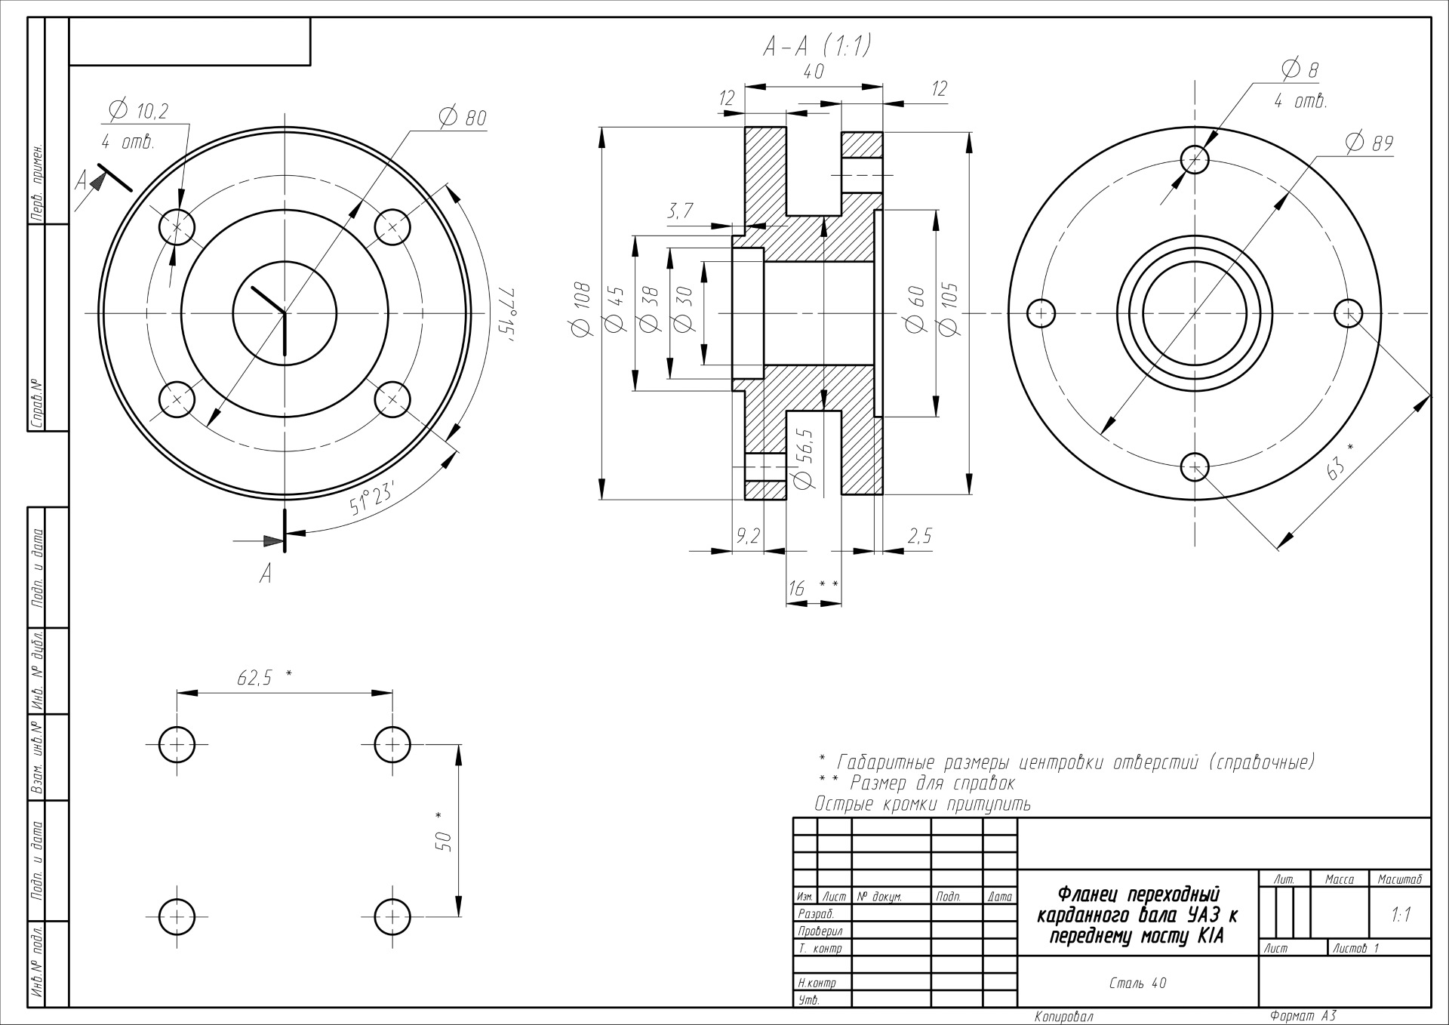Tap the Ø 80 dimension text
pos(462,117)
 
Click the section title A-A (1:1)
pos(817,47)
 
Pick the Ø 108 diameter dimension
pos(581,309)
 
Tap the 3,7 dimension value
pos(680,212)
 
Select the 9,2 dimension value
pos(749,536)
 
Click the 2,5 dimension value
pos(919,536)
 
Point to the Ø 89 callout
pos(1369,142)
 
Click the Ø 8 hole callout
pos(1300,69)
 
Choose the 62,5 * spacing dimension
pos(264,677)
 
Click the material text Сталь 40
pos(1138,983)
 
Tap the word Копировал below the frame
pos(1064,1017)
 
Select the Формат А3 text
pos(1303,1016)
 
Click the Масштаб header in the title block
pos(1400,879)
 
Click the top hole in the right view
pos(1195,159)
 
